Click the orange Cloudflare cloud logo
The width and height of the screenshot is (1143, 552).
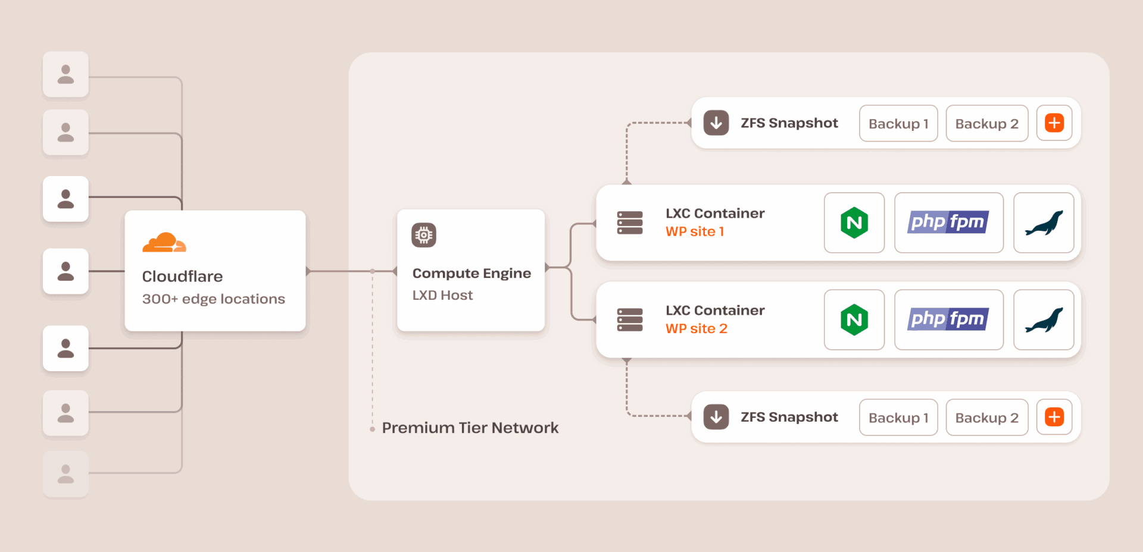[x=164, y=243]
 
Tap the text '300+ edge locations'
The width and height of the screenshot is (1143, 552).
[x=213, y=299]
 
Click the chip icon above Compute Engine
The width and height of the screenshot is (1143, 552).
[x=424, y=235]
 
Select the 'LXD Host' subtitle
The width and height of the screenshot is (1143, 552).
[x=442, y=295]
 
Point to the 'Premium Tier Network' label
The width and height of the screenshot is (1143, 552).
[x=470, y=428]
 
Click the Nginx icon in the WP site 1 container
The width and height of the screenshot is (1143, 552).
[x=854, y=223]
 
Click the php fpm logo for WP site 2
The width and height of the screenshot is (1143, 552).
[x=948, y=319]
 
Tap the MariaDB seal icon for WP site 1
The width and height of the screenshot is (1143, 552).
[x=1044, y=223]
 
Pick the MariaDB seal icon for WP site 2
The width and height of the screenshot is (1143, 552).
[x=1044, y=320]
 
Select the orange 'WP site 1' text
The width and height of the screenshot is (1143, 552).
[x=695, y=231]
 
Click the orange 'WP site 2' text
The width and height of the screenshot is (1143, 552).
[x=696, y=328]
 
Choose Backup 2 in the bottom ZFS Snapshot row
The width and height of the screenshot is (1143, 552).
[x=986, y=418]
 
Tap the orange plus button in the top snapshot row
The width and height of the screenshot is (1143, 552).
[x=1054, y=123]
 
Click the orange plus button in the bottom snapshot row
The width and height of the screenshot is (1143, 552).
[x=1054, y=417]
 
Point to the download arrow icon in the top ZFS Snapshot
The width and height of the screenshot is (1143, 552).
[x=716, y=123]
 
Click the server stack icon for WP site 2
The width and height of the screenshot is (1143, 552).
[x=630, y=320]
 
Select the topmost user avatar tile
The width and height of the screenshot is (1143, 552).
[x=65, y=74]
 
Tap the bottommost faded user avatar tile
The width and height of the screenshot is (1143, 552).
[x=65, y=474]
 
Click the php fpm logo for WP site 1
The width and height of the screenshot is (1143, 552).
[x=948, y=222]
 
